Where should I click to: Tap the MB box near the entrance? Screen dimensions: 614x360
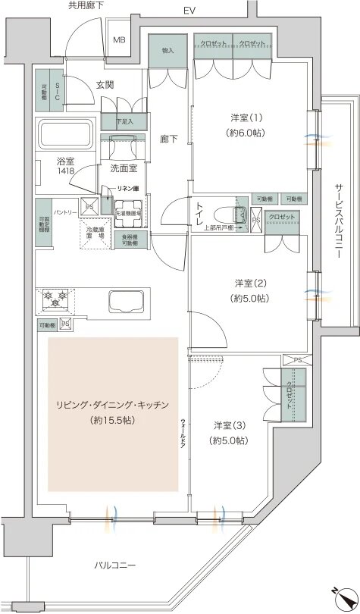point(119,40)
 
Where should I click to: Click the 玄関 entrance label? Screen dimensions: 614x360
point(105,84)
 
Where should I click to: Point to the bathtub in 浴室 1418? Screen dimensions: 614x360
point(64,136)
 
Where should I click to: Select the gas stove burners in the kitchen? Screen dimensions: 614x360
point(55,298)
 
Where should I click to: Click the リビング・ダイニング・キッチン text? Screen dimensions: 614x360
point(113,405)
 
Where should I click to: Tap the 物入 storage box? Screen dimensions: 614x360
point(167,51)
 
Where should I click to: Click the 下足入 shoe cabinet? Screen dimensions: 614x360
point(125,121)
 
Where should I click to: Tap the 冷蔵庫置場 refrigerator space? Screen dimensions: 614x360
point(96,233)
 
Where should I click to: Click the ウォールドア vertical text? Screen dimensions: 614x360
point(183,434)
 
